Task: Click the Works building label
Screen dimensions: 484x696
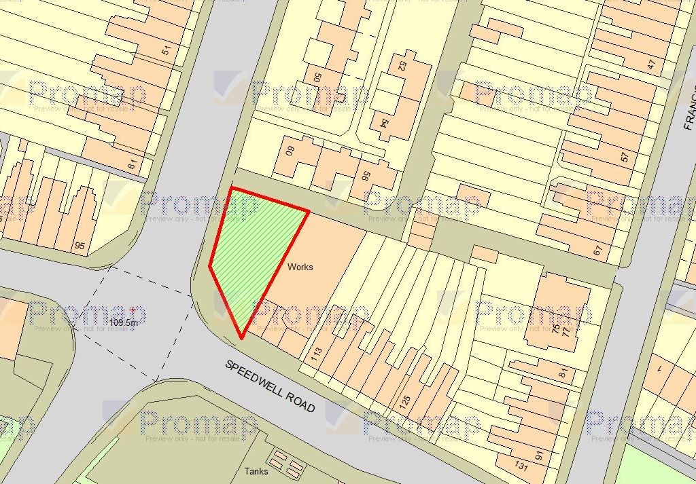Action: click(300, 267)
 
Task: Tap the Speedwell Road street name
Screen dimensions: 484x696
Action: click(270, 386)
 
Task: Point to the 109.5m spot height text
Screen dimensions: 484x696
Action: click(124, 323)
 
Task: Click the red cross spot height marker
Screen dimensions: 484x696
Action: click(132, 309)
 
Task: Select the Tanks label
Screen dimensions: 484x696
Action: click(256, 471)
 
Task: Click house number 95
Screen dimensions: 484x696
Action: click(80, 246)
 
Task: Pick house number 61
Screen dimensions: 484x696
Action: click(132, 163)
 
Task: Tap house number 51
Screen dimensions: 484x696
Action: click(167, 50)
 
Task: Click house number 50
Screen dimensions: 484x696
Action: click(317, 75)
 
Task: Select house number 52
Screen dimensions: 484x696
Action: click(402, 65)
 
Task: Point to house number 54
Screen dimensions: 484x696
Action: click(385, 124)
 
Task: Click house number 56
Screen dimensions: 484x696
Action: click(365, 176)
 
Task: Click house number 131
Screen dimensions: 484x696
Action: click(521, 466)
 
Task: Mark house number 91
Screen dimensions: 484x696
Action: click(540, 455)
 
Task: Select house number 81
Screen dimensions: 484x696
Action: click(562, 373)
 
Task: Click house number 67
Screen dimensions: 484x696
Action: click(597, 250)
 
